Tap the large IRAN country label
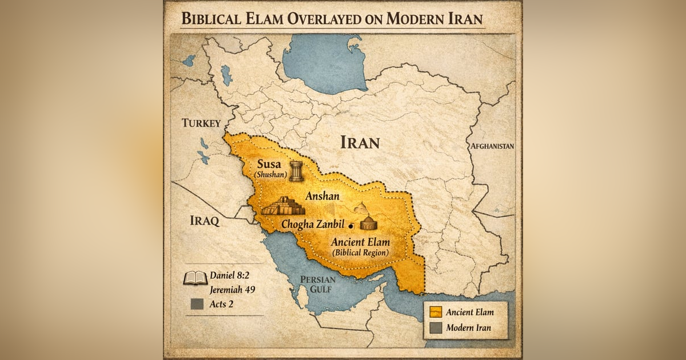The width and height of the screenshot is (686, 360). pos(360,142)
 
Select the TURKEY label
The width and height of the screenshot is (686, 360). pos(201,123)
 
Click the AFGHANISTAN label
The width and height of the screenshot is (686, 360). pos(492,146)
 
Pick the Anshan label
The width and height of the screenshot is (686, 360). pos(322,195)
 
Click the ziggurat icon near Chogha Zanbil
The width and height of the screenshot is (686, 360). pos(283,206)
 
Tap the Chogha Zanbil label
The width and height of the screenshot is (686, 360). pos(314,225)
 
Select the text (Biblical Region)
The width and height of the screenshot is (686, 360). pos(361,252)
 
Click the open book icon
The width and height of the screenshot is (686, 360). pos(195,278)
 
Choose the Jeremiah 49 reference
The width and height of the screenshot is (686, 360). pos(232,289)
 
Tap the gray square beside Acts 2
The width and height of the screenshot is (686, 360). pos(197,305)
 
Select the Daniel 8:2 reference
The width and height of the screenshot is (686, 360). pos(231,275)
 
